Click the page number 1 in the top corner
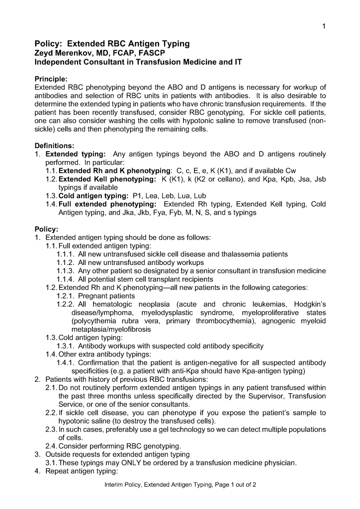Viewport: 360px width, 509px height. click(324, 26)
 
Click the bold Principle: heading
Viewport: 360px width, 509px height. click(51, 79)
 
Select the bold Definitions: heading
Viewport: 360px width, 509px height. click(55, 146)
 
